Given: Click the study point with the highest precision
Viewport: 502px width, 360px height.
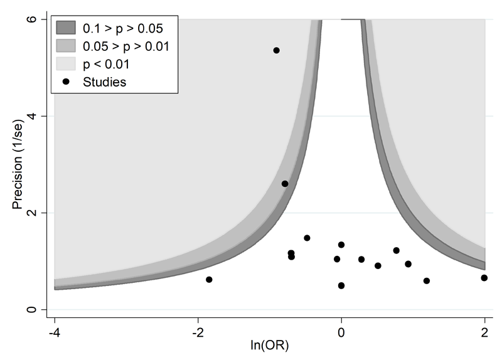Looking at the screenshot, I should pos(276,50).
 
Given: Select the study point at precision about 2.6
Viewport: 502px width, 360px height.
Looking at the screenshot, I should pos(285,184).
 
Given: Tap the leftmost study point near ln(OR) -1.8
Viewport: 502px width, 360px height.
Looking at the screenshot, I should pos(209,280).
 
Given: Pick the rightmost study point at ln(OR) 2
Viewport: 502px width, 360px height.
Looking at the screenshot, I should pos(484,278).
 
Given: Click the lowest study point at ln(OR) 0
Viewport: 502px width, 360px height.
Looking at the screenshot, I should pos(341,285).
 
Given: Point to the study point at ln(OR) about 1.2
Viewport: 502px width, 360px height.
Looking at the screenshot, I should pos(427,281).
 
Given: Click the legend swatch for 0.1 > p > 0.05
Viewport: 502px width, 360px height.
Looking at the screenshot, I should pos(66,28).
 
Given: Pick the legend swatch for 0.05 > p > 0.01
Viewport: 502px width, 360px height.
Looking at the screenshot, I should pos(66,46).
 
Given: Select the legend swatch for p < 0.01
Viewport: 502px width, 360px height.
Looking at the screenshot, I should pos(66,64).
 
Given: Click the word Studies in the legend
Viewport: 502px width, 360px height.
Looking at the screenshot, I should pos(105,82).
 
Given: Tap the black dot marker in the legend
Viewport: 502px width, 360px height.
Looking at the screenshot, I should pos(66,82).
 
